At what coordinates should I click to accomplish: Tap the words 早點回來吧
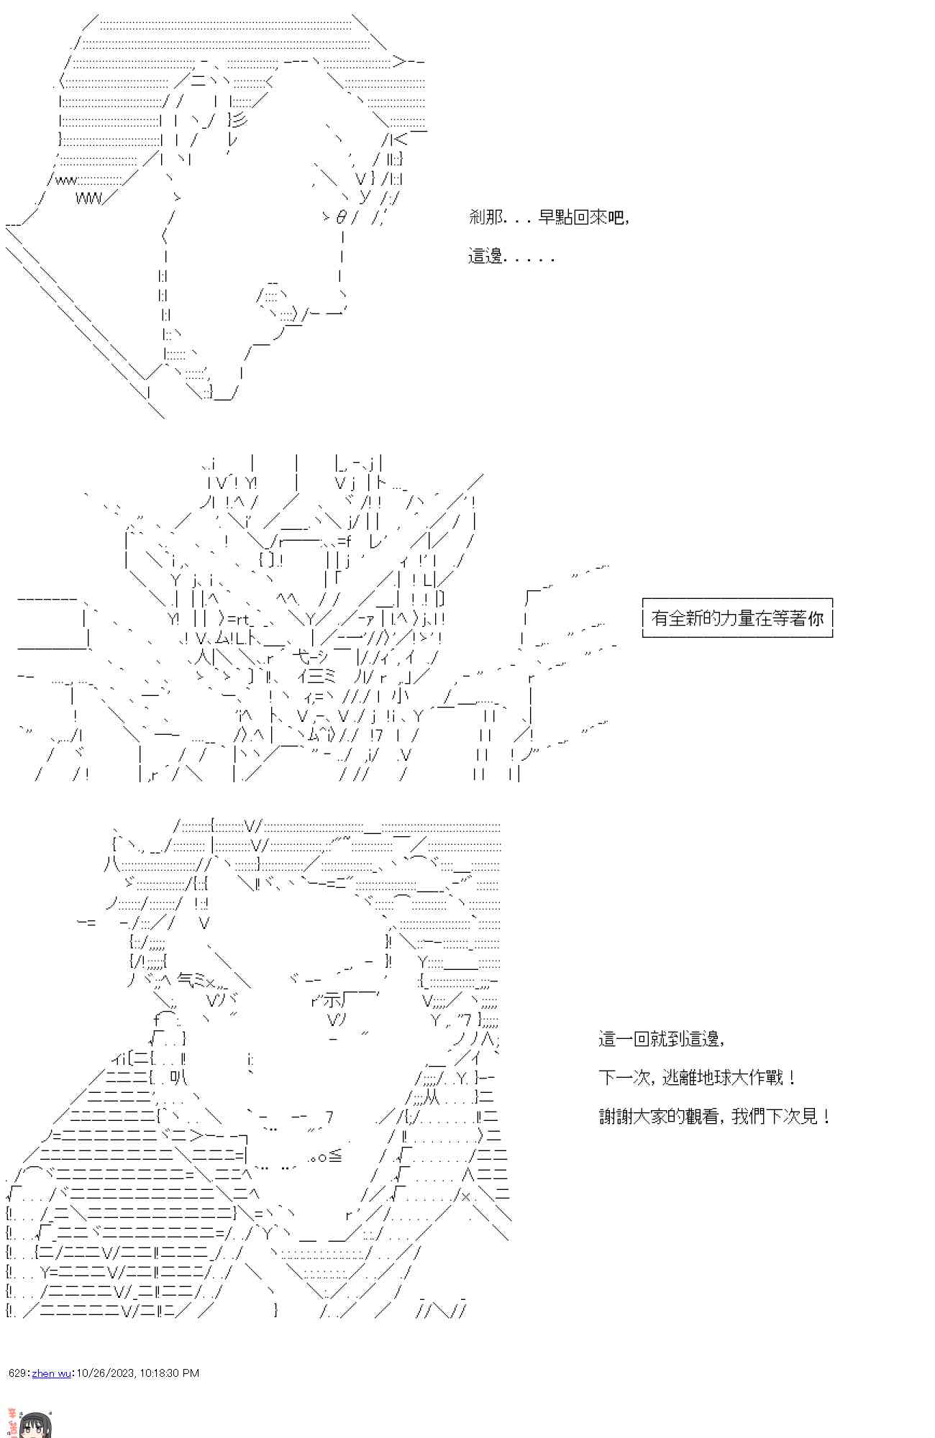click(582, 216)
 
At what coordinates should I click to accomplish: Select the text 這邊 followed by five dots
click(511, 256)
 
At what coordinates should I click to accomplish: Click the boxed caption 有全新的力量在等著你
click(736, 618)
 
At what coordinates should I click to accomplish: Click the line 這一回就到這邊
click(660, 1038)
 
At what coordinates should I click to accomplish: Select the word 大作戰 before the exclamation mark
click(757, 1077)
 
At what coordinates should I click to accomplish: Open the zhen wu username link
click(51, 1373)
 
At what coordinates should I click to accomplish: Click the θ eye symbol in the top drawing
click(341, 216)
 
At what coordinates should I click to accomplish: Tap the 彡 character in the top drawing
click(240, 120)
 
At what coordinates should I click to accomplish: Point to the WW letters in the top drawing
click(89, 198)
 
